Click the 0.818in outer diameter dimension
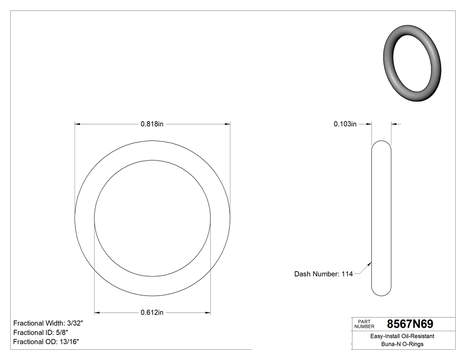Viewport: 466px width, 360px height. [152, 124]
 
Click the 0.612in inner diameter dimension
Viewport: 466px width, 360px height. [152, 313]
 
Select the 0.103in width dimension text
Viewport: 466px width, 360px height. [345, 124]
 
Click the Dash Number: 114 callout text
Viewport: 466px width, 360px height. [323, 274]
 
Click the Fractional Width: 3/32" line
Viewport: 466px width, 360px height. [48, 323]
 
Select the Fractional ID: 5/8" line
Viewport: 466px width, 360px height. [41, 332]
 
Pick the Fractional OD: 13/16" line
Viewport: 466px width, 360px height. [46, 341]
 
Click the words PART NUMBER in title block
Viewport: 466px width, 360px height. [364, 324]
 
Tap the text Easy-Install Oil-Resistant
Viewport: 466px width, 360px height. [402, 336]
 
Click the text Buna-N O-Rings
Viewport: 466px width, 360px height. [402, 344]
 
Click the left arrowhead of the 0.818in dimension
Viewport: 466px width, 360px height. [77, 124]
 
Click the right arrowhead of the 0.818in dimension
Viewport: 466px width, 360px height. [227, 124]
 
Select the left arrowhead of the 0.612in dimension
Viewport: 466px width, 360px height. [97, 313]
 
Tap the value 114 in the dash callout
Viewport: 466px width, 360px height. [347, 274]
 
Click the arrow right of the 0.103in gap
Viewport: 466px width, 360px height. [395, 124]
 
